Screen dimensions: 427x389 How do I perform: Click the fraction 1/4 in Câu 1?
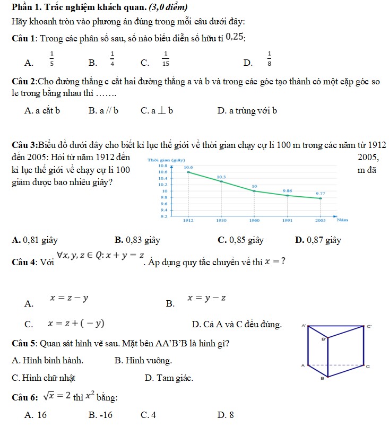tap(113, 58)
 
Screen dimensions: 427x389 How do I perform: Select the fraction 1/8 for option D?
tap(270, 58)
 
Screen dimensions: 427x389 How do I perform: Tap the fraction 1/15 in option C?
tap(166, 58)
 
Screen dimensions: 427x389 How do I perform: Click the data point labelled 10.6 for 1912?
tap(188, 172)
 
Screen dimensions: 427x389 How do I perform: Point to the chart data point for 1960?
tap(254, 191)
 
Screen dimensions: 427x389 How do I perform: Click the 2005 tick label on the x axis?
tap(321, 220)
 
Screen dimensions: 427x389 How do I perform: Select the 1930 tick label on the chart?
tap(221, 220)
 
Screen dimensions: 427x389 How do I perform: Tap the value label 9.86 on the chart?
tap(287, 190)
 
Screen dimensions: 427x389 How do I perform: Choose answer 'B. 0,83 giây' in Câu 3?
tap(137, 240)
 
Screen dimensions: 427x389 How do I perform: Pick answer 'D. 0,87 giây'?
tap(318, 240)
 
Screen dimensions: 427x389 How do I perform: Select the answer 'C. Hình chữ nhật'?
tap(44, 378)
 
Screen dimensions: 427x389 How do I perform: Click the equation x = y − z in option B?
tap(207, 299)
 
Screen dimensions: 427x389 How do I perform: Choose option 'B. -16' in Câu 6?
tap(100, 415)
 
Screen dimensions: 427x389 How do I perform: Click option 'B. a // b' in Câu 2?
tap(103, 111)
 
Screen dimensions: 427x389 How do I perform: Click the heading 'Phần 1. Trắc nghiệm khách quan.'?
tap(87, 7)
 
